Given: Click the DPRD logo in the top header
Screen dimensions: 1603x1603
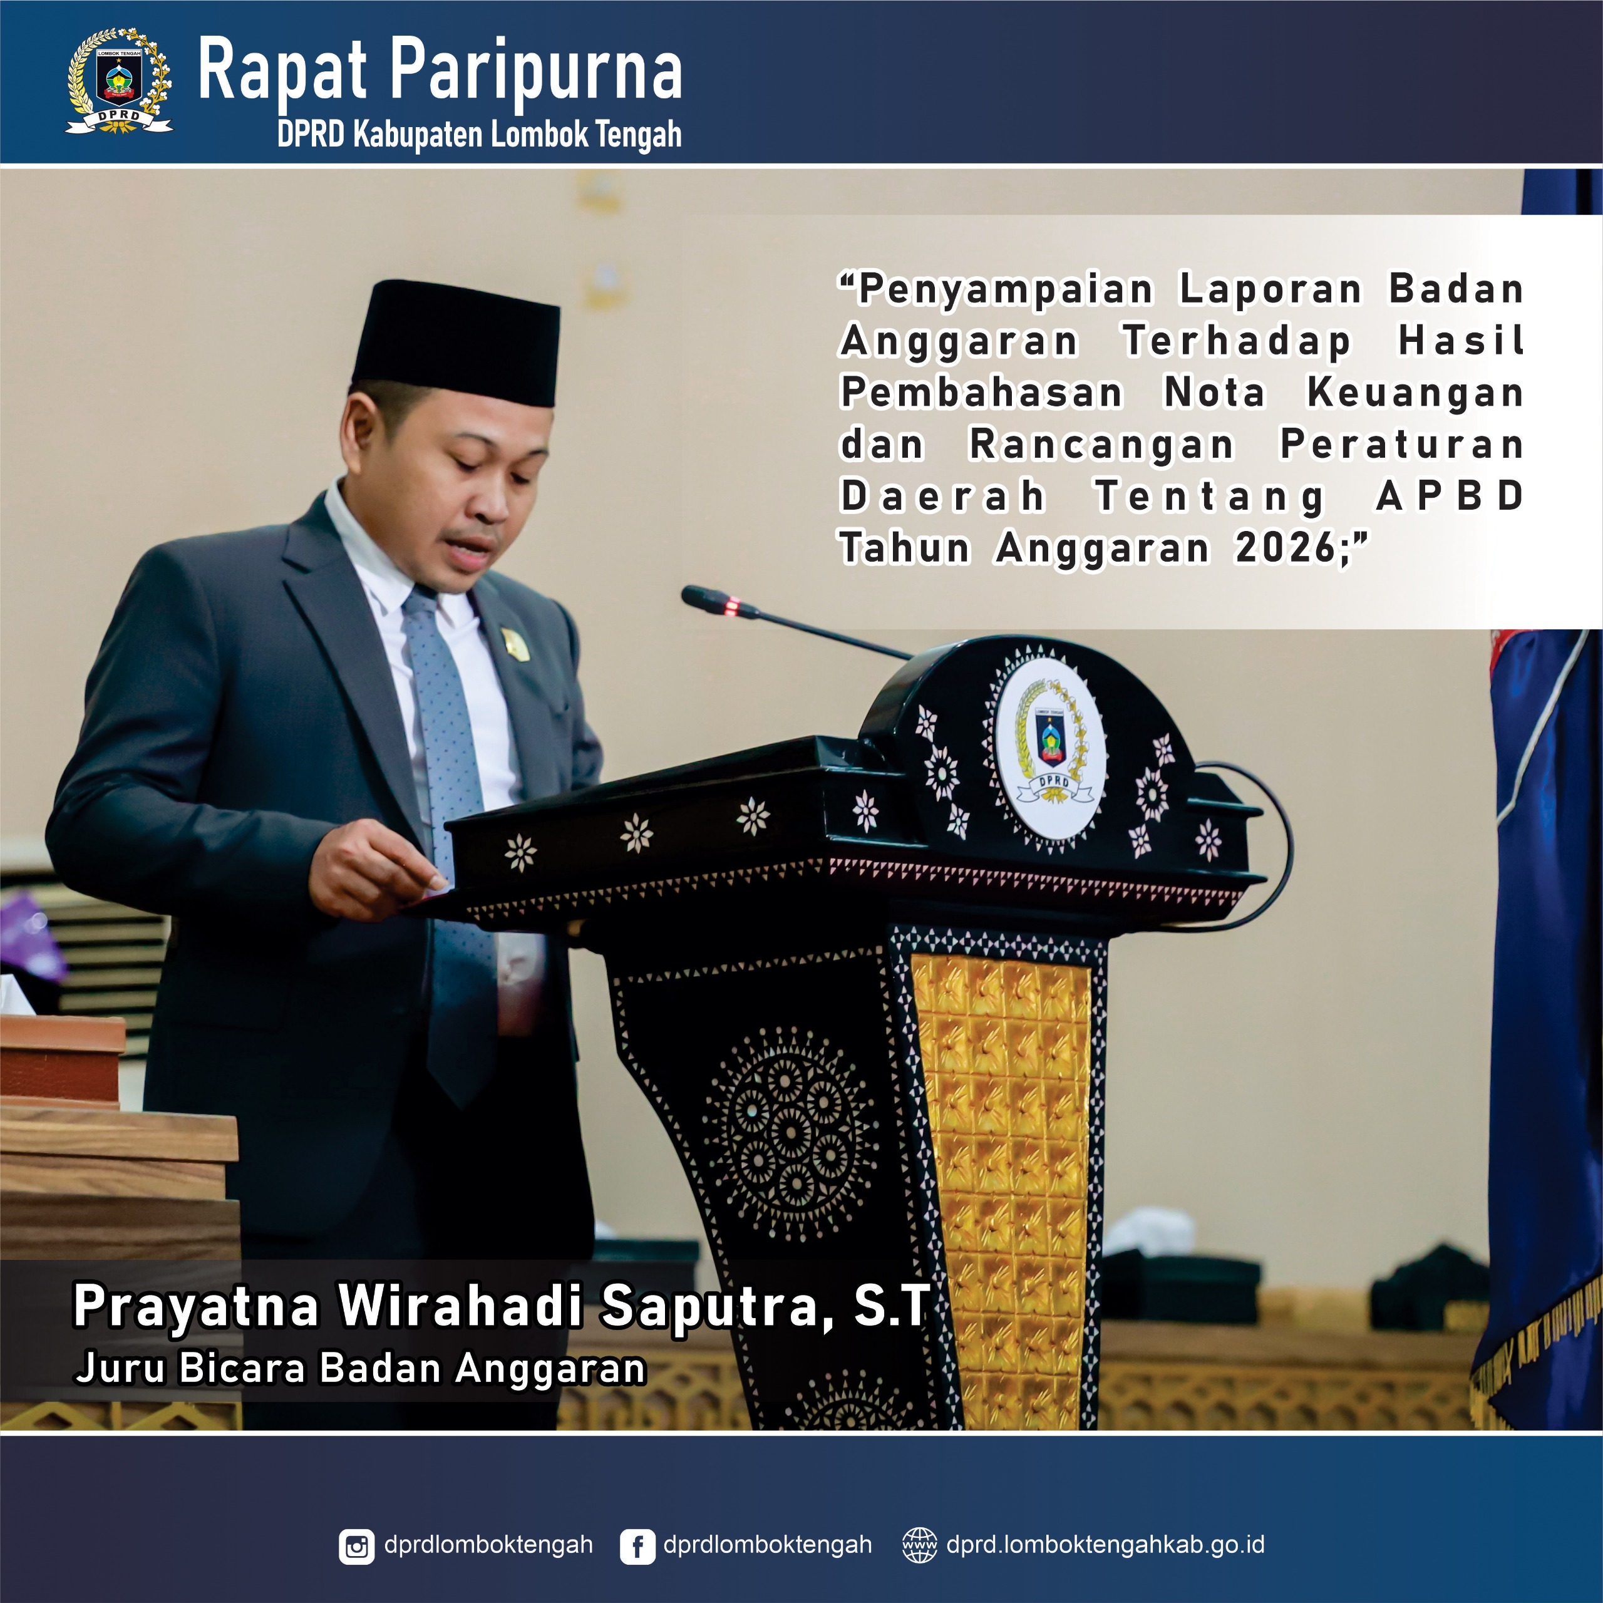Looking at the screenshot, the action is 120,81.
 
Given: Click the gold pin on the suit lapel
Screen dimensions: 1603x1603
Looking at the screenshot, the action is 515,644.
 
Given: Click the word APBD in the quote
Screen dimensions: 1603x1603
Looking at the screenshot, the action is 1450,496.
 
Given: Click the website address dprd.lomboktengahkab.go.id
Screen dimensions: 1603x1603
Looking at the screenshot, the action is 1105,1545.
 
